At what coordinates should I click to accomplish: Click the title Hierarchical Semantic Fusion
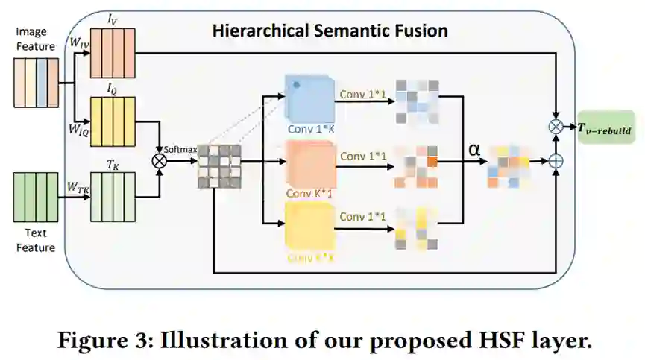pyautogui.click(x=330, y=31)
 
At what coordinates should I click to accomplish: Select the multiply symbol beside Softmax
pyautogui.click(x=158, y=160)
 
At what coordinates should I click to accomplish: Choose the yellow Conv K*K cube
pyautogui.click(x=311, y=224)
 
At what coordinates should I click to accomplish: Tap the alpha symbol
pyautogui.click(x=473, y=150)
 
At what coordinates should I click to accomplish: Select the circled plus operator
pyautogui.click(x=556, y=160)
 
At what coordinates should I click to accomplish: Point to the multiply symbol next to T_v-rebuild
pyautogui.click(x=556, y=127)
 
